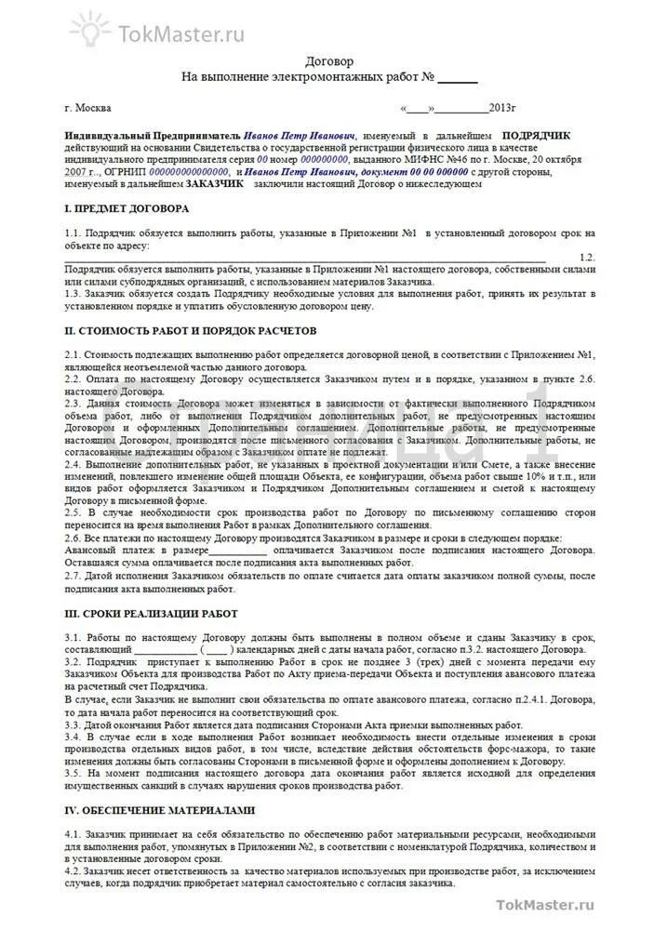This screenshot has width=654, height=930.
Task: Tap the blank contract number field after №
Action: (457, 77)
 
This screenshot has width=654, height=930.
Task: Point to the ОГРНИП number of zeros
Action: (188, 172)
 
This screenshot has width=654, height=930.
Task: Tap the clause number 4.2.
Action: (73, 870)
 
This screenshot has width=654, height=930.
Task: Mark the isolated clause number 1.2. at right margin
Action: (585, 256)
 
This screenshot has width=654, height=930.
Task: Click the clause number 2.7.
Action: (73, 576)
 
